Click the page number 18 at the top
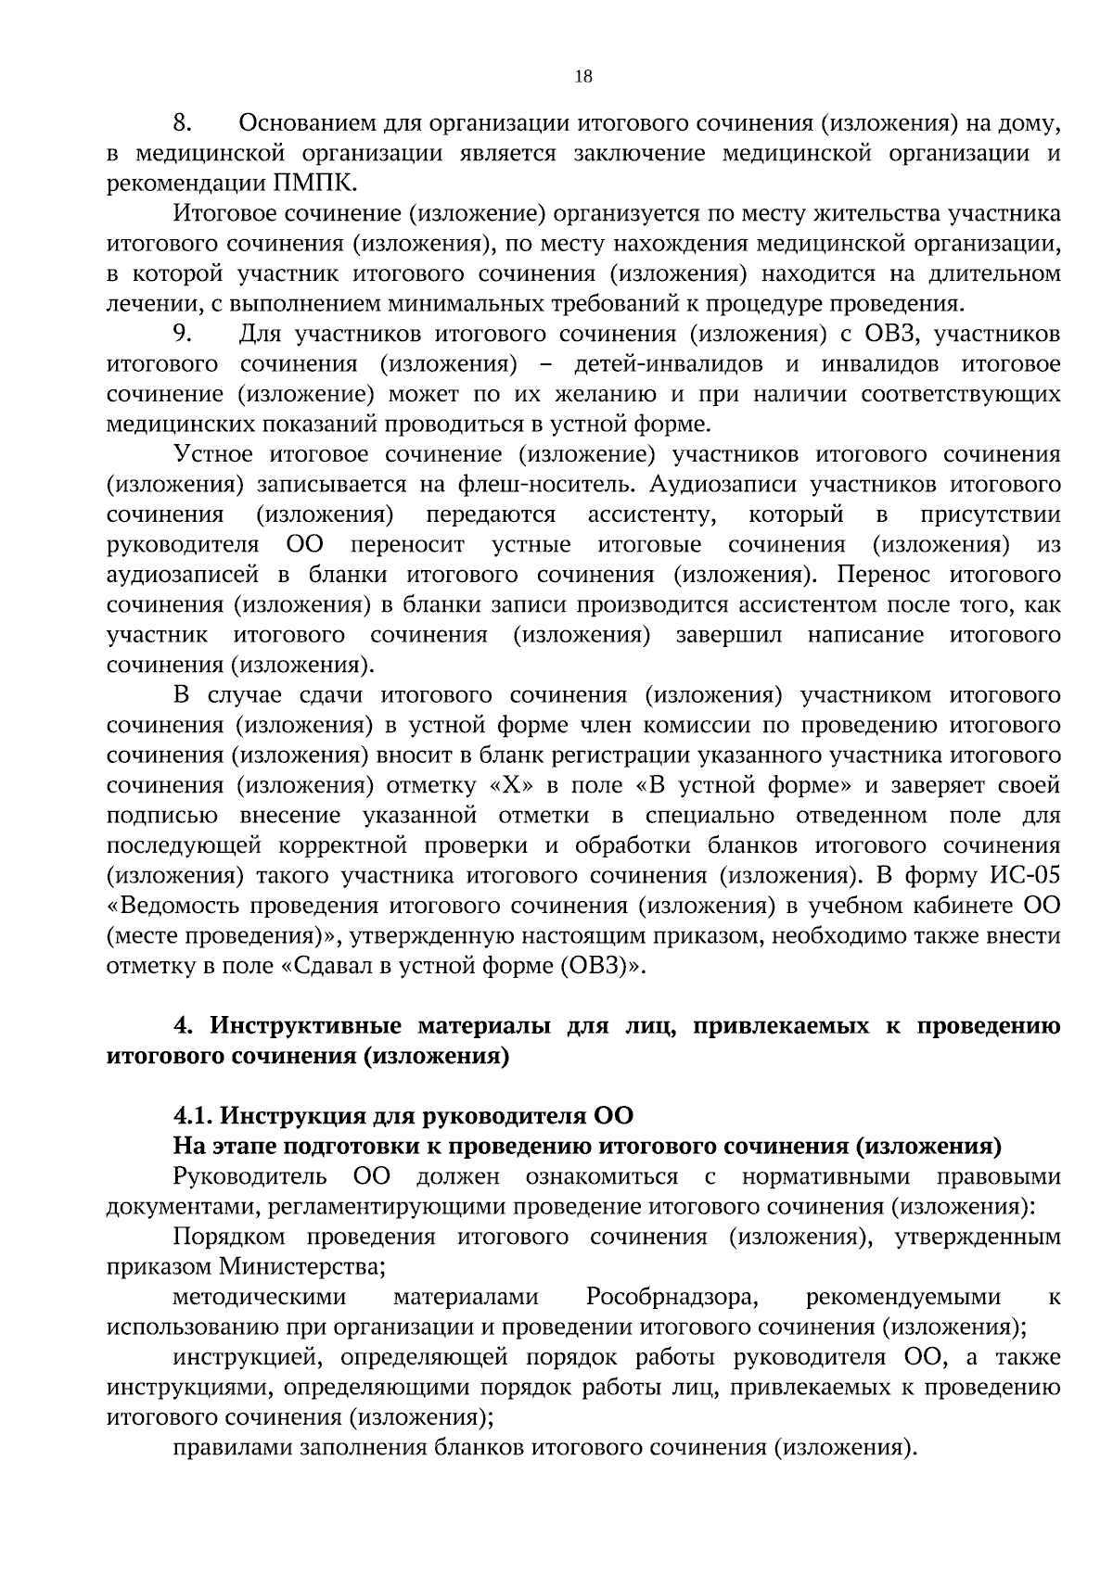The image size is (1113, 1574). tap(583, 77)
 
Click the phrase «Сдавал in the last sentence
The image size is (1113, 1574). tap(321, 967)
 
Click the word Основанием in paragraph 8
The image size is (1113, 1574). tap(312, 123)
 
